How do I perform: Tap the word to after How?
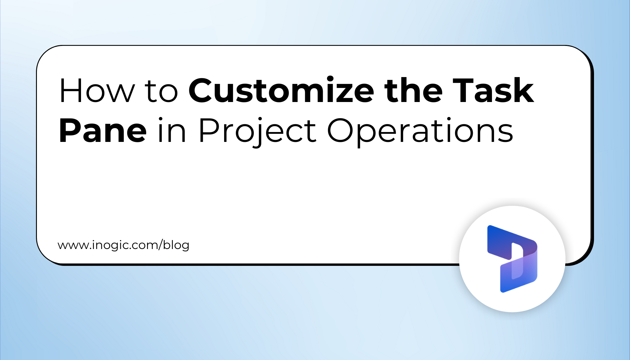pos(161,92)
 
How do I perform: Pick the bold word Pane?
pos(103,131)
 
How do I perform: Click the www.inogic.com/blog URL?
pos(123,245)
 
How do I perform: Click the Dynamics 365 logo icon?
pos(512,259)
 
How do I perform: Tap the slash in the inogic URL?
pos(161,245)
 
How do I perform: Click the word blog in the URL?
pos(176,245)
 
